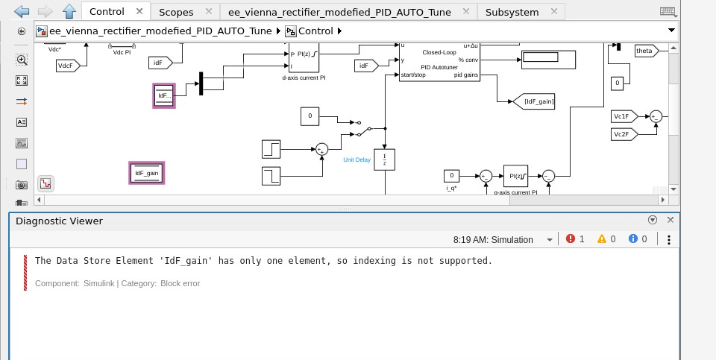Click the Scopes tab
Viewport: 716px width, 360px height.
click(176, 12)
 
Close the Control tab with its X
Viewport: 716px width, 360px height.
click(139, 12)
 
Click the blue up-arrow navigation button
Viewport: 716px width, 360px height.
click(69, 11)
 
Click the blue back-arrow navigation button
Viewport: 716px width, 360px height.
click(21, 11)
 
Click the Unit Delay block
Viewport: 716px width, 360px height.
click(384, 160)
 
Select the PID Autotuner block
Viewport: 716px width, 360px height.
click(440, 61)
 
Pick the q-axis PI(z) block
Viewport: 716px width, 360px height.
click(515, 176)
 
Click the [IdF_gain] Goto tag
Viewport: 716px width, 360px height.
click(535, 101)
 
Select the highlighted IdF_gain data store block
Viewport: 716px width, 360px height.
click(146, 173)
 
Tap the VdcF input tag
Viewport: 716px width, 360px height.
click(67, 66)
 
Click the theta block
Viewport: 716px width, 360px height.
click(644, 50)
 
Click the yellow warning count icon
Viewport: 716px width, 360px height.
click(602, 239)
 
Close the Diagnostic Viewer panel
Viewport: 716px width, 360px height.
click(670, 220)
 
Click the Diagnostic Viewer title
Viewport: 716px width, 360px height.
click(59, 221)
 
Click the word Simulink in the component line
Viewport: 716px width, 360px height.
click(98, 283)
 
